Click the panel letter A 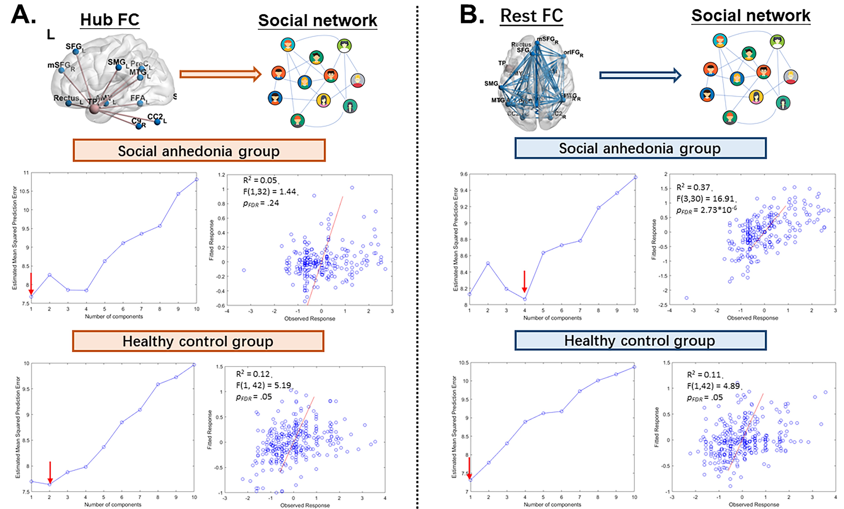click(23, 15)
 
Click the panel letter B click(471, 15)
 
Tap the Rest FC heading click(531, 16)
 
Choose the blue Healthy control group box click(640, 340)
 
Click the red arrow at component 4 click(524, 281)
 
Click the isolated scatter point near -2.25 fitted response click(686, 298)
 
